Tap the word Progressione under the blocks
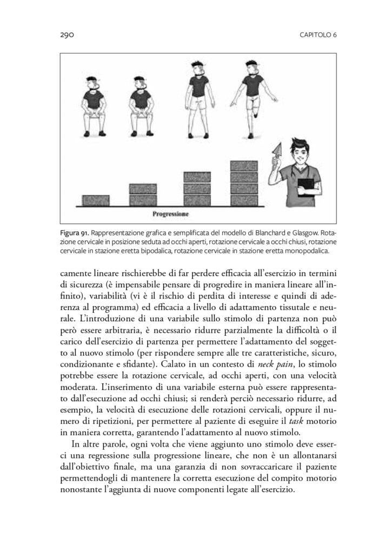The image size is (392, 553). pyautogui.click(x=170, y=214)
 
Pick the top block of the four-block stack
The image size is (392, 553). pyautogui.click(x=247, y=165)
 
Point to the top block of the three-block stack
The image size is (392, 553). pyautogui.click(x=200, y=177)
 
